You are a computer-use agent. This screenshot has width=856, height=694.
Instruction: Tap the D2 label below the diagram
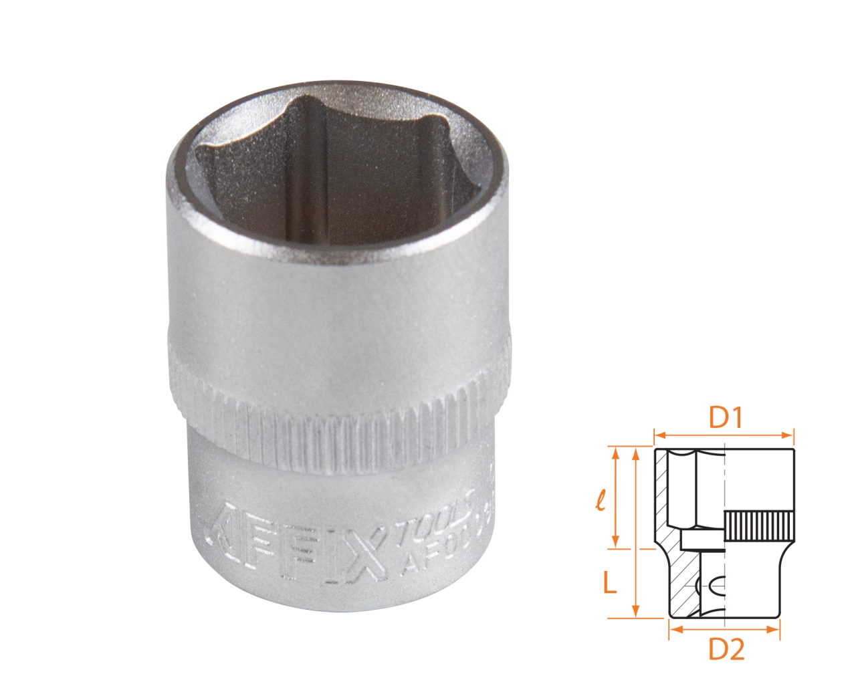(726, 649)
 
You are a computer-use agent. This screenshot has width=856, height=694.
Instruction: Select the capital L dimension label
(609, 584)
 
